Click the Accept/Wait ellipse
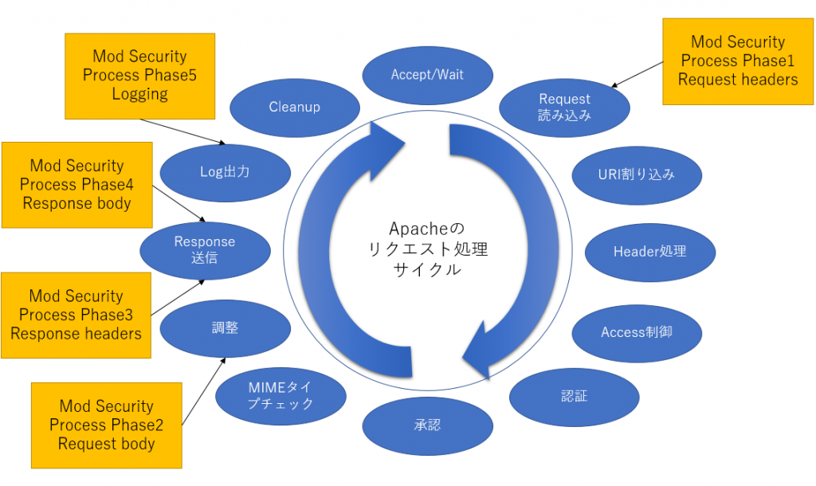[427, 75]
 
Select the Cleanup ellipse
[294, 107]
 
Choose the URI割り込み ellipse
[637, 174]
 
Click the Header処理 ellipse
[649, 252]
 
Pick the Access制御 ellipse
[637, 331]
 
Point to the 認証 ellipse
[574, 396]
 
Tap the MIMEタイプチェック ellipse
[280, 395]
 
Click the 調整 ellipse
[226, 328]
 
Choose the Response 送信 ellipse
[205, 249]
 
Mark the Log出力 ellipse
[225, 172]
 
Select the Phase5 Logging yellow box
[139, 76]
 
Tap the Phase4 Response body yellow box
[76, 185]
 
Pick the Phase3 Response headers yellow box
[76, 316]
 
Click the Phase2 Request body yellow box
[106, 425]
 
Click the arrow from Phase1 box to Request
[637, 76]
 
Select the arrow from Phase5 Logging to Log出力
[182, 132]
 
